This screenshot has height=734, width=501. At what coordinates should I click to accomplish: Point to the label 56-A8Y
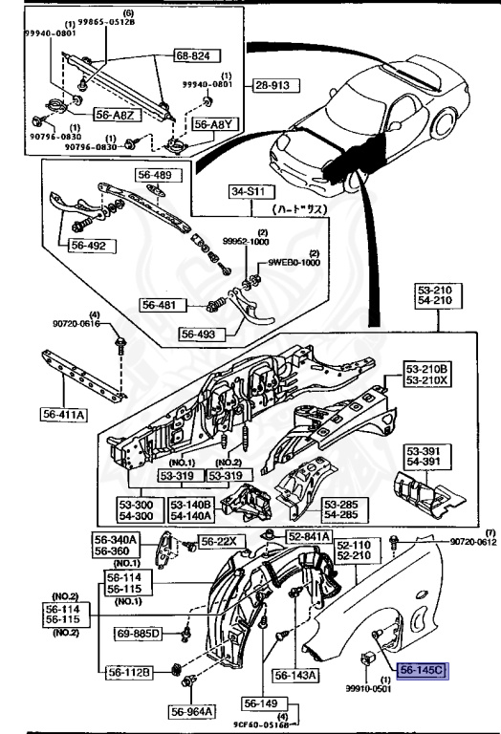tap(213, 124)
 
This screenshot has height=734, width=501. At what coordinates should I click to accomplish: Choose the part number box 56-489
tap(155, 176)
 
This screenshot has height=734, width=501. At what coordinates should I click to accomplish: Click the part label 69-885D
tap(140, 634)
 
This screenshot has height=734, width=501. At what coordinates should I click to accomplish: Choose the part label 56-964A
tap(192, 711)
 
